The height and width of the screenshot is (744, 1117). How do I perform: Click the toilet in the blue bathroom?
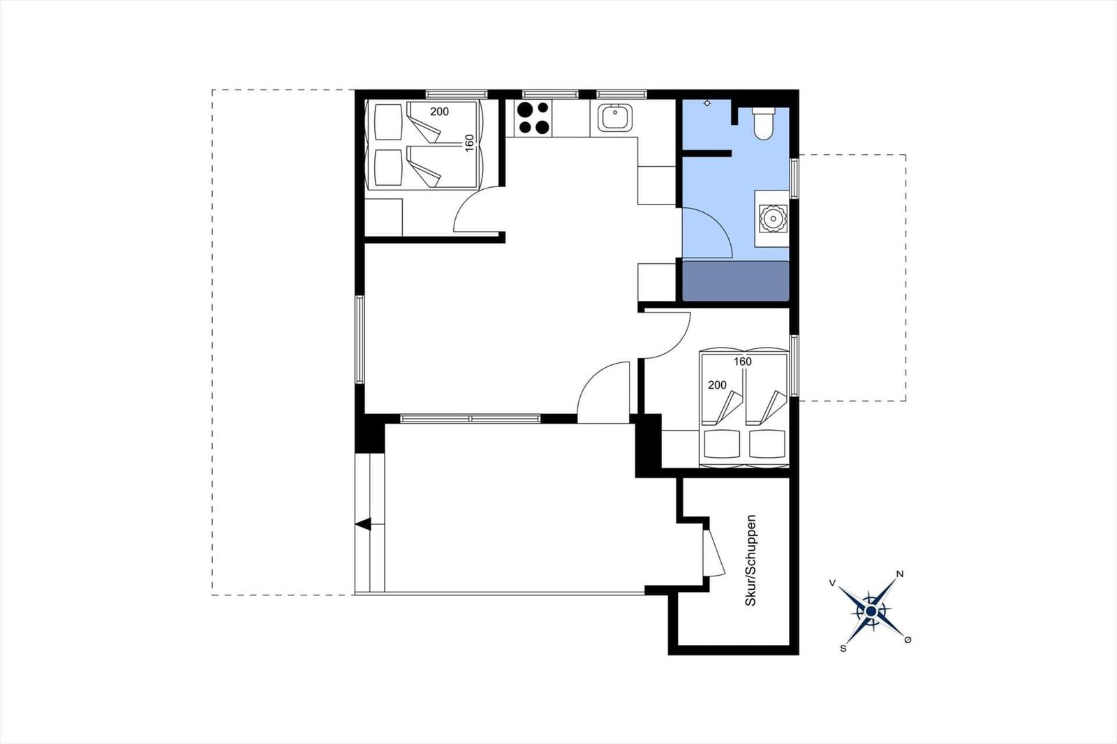coord(764,123)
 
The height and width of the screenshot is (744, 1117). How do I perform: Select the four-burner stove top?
coord(533,118)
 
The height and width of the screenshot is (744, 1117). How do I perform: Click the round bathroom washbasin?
coord(773,218)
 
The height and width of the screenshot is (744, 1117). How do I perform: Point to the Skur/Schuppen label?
coord(750,560)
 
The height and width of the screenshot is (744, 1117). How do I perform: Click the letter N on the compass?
coord(900,574)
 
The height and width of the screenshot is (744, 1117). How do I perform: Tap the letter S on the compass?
coord(843,648)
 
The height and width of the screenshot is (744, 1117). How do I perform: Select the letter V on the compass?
coord(832,583)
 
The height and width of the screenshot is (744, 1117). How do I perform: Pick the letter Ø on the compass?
coord(908,640)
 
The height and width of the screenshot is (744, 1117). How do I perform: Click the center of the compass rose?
coord(871,611)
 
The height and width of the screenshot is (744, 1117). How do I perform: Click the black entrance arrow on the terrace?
coord(363,524)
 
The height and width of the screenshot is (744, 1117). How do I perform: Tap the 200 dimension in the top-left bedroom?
coord(439,112)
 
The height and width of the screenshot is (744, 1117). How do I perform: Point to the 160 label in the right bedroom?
coord(743,362)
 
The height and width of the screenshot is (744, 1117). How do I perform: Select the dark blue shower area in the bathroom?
coord(736,281)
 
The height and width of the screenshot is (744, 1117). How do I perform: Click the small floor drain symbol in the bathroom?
coord(707,103)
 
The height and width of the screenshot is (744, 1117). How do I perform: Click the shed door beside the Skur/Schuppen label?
coord(713,553)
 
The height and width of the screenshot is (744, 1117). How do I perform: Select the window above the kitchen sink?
coord(621,94)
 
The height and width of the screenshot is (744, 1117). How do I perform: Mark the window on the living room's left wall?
coord(360,340)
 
